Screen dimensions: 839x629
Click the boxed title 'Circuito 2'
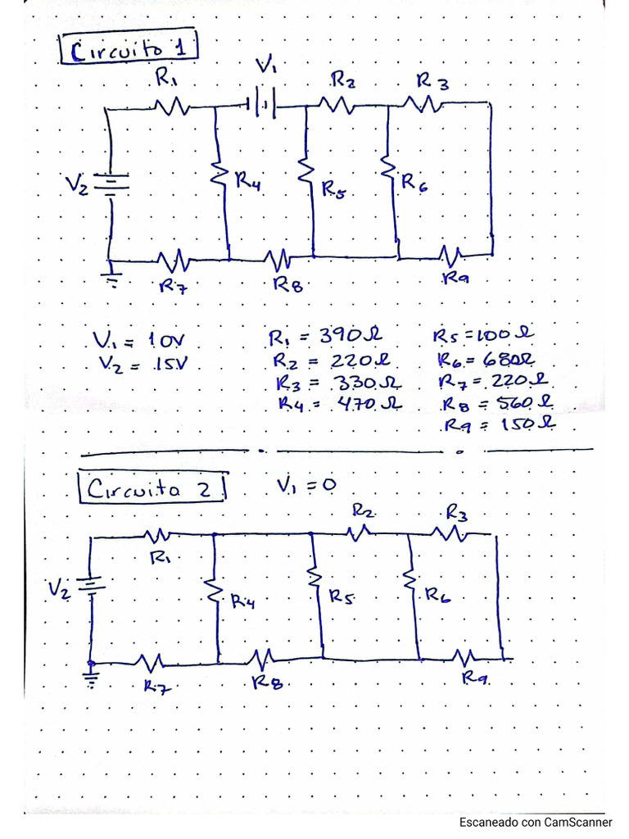tap(152, 489)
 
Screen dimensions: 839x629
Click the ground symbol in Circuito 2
tap(91, 677)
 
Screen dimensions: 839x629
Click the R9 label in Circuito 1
tap(455, 279)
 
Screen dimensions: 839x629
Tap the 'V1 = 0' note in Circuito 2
tap(306, 485)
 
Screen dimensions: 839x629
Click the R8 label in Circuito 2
tap(267, 682)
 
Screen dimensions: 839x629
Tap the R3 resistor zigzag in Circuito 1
tap(423, 103)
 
